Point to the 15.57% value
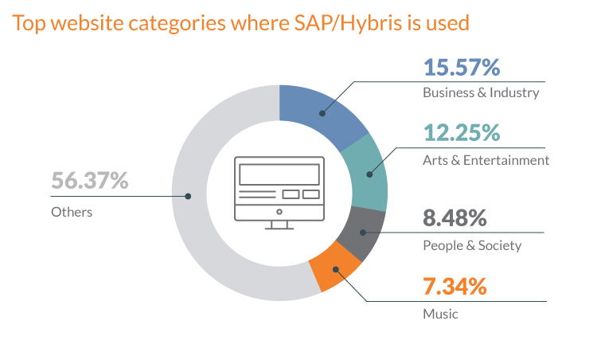point(462,68)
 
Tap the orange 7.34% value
point(455,286)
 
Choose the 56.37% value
point(90,181)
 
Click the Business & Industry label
point(481,92)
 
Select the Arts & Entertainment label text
point(486,160)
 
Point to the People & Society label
point(472,245)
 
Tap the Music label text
point(440,313)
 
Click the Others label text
point(72,212)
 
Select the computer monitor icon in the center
point(279,192)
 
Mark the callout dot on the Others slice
point(188,196)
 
